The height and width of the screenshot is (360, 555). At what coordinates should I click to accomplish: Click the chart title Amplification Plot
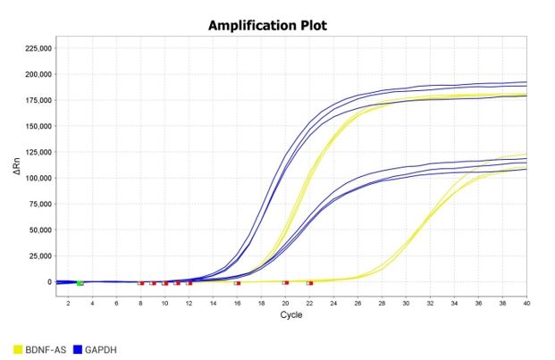coord(267,24)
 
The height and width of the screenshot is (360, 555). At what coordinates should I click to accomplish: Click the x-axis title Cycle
coord(291,314)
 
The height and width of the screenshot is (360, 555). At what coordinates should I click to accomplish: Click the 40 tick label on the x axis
coord(527,304)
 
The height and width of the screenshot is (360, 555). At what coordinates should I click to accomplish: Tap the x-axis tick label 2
coord(68,304)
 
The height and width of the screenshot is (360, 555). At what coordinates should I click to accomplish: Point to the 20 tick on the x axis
coord(285,304)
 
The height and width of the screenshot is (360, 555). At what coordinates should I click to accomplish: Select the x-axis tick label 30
coord(407,304)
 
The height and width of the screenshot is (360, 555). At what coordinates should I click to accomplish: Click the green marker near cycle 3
coord(80,283)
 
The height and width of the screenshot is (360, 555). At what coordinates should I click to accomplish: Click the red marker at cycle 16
coord(237,283)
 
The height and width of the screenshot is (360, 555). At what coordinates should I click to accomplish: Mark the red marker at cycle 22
coord(309,283)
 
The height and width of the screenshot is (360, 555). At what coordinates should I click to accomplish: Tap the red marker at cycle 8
coord(140,283)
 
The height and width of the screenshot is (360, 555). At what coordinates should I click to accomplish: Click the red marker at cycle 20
coord(285,283)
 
